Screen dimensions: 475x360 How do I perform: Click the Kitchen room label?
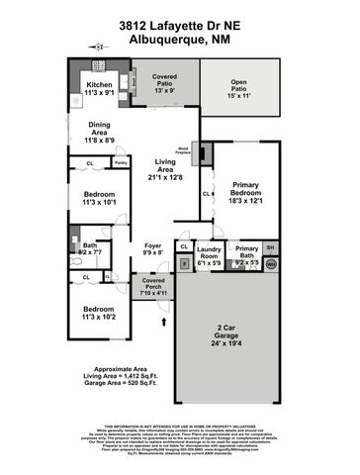[x=99, y=86]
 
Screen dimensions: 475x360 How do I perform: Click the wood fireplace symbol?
[x=204, y=153]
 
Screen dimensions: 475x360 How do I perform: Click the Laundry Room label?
[x=209, y=254]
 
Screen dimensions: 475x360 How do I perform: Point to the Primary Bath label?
[x=245, y=254]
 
